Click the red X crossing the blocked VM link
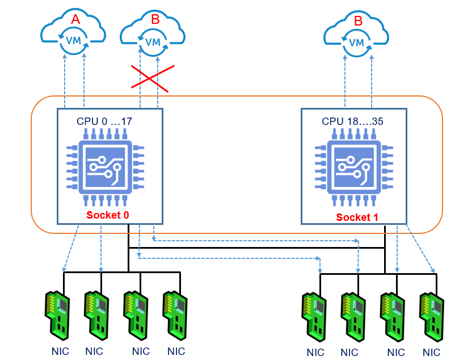click(150, 78)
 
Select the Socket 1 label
click(357, 217)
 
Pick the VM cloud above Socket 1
click(357, 37)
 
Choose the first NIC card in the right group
click(314, 314)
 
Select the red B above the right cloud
click(358, 21)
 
